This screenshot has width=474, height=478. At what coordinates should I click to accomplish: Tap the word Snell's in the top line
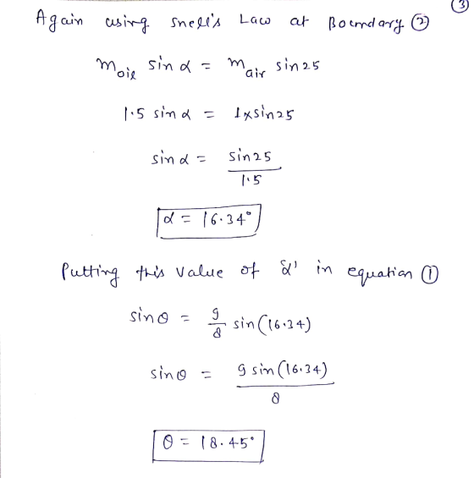click(196, 23)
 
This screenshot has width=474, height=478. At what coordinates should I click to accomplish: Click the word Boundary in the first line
click(366, 24)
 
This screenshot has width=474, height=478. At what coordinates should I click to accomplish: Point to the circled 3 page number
click(460, 6)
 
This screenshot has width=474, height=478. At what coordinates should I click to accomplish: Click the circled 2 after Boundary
click(420, 23)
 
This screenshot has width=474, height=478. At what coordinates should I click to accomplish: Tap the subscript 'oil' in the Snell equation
click(127, 74)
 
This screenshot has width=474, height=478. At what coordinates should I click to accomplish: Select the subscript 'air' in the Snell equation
click(256, 73)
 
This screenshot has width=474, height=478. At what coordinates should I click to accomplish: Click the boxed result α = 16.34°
click(209, 221)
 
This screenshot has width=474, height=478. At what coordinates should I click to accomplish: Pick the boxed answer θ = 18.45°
click(208, 446)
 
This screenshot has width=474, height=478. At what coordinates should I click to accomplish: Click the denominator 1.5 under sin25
click(251, 180)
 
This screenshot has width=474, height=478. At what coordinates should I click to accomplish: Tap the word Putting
click(90, 272)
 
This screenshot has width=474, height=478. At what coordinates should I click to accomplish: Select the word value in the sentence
click(199, 272)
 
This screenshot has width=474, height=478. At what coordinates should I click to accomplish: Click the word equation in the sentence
click(380, 272)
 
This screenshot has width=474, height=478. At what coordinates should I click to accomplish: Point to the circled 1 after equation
click(429, 274)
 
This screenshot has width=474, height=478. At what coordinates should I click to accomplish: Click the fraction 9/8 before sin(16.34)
click(216, 324)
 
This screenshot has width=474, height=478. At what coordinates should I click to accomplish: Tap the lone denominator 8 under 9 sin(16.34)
click(275, 398)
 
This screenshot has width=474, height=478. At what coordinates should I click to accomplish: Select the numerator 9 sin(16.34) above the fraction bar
click(283, 370)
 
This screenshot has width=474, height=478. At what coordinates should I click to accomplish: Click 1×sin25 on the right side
click(264, 114)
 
